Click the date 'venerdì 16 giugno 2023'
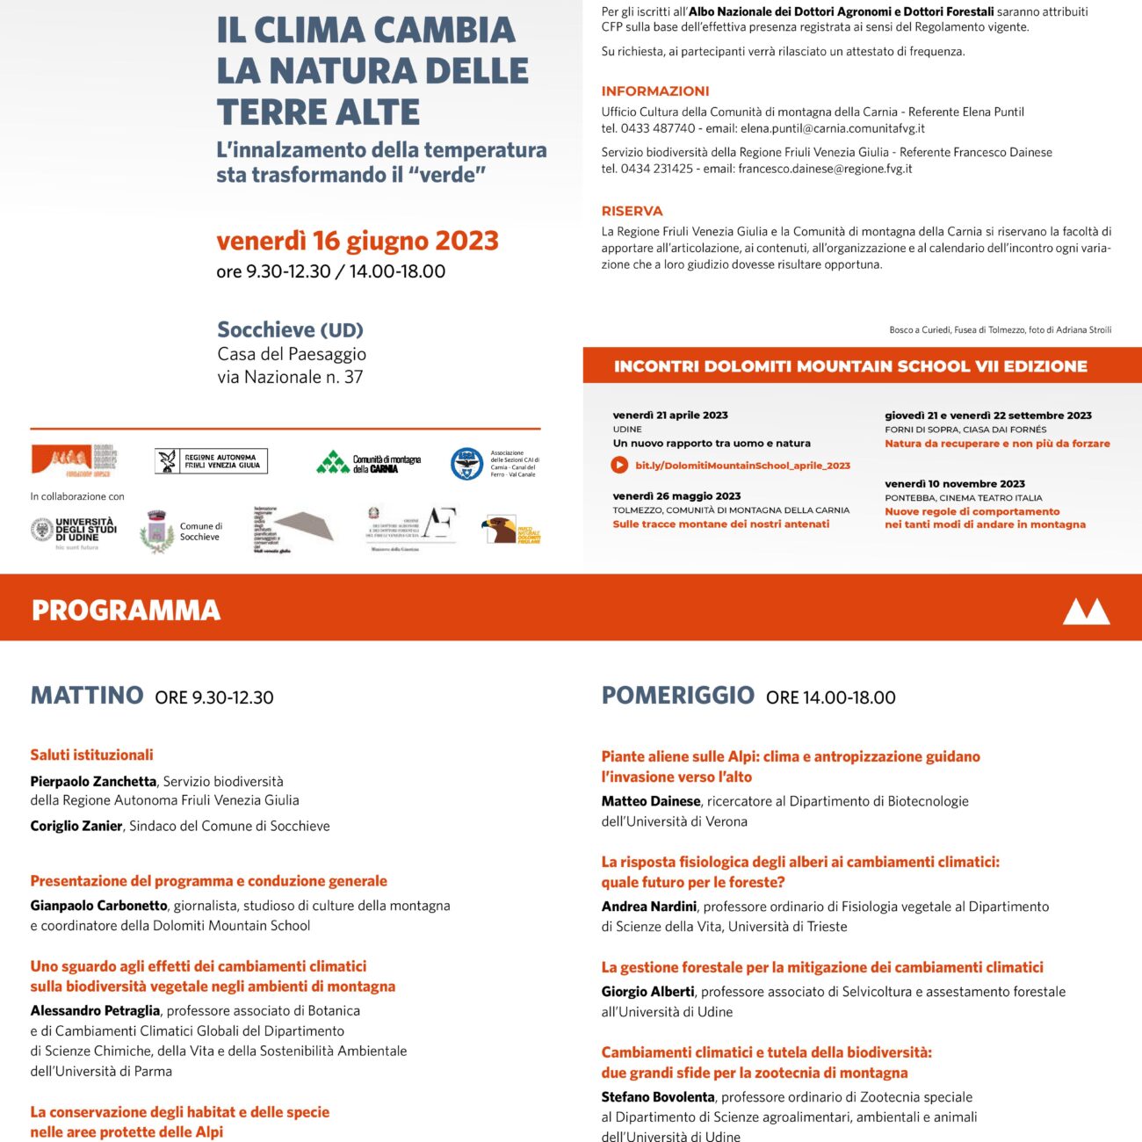[x=357, y=241]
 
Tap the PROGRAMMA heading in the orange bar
[x=126, y=610]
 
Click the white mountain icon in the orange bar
[x=1086, y=611]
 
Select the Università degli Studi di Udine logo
[x=75, y=531]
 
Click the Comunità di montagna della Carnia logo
[x=369, y=462]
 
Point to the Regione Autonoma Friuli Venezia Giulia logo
[x=211, y=461]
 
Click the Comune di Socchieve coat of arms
[x=156, y=531]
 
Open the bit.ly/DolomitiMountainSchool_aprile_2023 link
[x=742, y=466]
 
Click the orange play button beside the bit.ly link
[x=619, y=465]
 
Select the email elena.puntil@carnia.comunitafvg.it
[x=832, y=128]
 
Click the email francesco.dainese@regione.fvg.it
[x=825, y=169]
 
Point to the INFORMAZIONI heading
[x=654, y=91]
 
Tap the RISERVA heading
[x=632, y=211]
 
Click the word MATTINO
[x=87, y=695]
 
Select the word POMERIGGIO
[x=677, y=695]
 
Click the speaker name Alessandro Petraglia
[x=95, y=1010]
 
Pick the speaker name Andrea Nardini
[x=648, y=906]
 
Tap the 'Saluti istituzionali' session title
[x=91, y=755]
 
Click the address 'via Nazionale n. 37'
[x=290, y=377]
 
